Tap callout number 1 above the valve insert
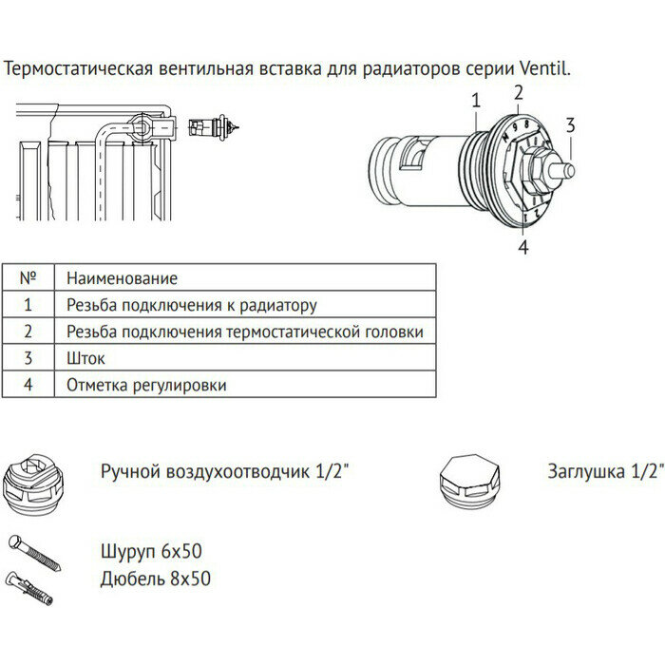(475, 98)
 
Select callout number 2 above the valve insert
(519, 92)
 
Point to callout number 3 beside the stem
(570, 124)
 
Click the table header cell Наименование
(123, 278)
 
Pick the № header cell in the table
(28, 278)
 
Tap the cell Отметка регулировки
(146, 385)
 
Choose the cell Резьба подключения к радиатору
(191, 305)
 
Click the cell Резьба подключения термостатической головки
(244, 332)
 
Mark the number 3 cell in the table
(28, 358)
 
